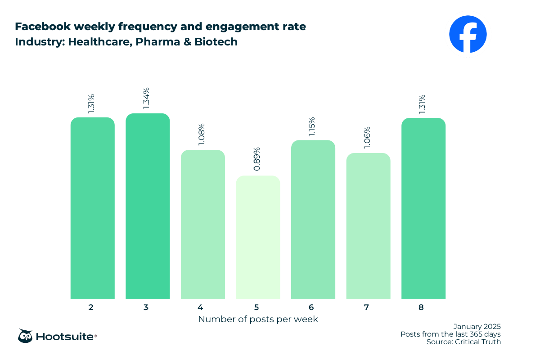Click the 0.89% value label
256,159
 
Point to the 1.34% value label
146,97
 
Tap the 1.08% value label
202,134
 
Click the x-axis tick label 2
91,308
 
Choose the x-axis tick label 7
367,308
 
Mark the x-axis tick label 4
200,308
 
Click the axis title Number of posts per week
258,319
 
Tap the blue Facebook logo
468,34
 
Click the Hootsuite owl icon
25,336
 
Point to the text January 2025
477,326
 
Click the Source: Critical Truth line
463,342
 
